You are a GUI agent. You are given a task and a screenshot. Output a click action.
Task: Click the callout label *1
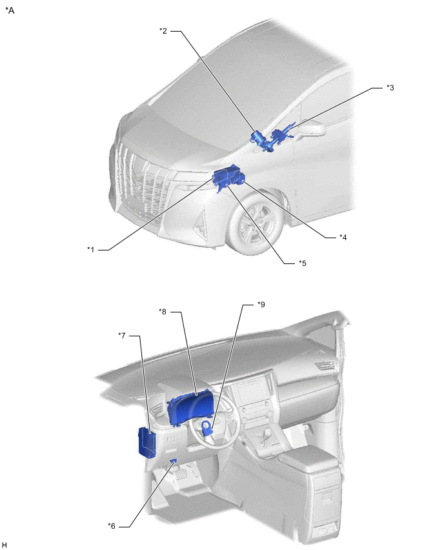(x=91, y=250)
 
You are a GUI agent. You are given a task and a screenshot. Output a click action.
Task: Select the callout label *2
(x=163, y=31)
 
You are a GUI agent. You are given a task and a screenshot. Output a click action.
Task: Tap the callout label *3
(x=390, y=88)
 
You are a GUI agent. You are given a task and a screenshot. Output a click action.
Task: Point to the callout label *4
(x=343, y=238)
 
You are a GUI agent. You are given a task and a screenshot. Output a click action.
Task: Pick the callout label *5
(x=302, y=263)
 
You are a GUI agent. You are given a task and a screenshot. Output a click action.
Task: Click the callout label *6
(x=112, y=526)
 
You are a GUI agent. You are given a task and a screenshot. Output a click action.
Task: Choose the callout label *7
(x=122, y=336)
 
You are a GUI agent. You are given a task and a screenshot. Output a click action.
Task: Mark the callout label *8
(x=163, y=312)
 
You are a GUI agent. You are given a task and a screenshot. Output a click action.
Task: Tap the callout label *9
(x=261, y=305)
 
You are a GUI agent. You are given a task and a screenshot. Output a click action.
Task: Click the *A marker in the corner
(x=10, y=10)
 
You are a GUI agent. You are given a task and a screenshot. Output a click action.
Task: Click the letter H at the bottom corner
(x=5, y=544)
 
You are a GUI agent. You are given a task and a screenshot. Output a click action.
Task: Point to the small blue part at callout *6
(x=173, y=460)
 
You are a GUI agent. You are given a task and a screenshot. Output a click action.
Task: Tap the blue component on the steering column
(x=207, y=429)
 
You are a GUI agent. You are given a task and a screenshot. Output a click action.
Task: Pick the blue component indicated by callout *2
(x=260, y=139)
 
